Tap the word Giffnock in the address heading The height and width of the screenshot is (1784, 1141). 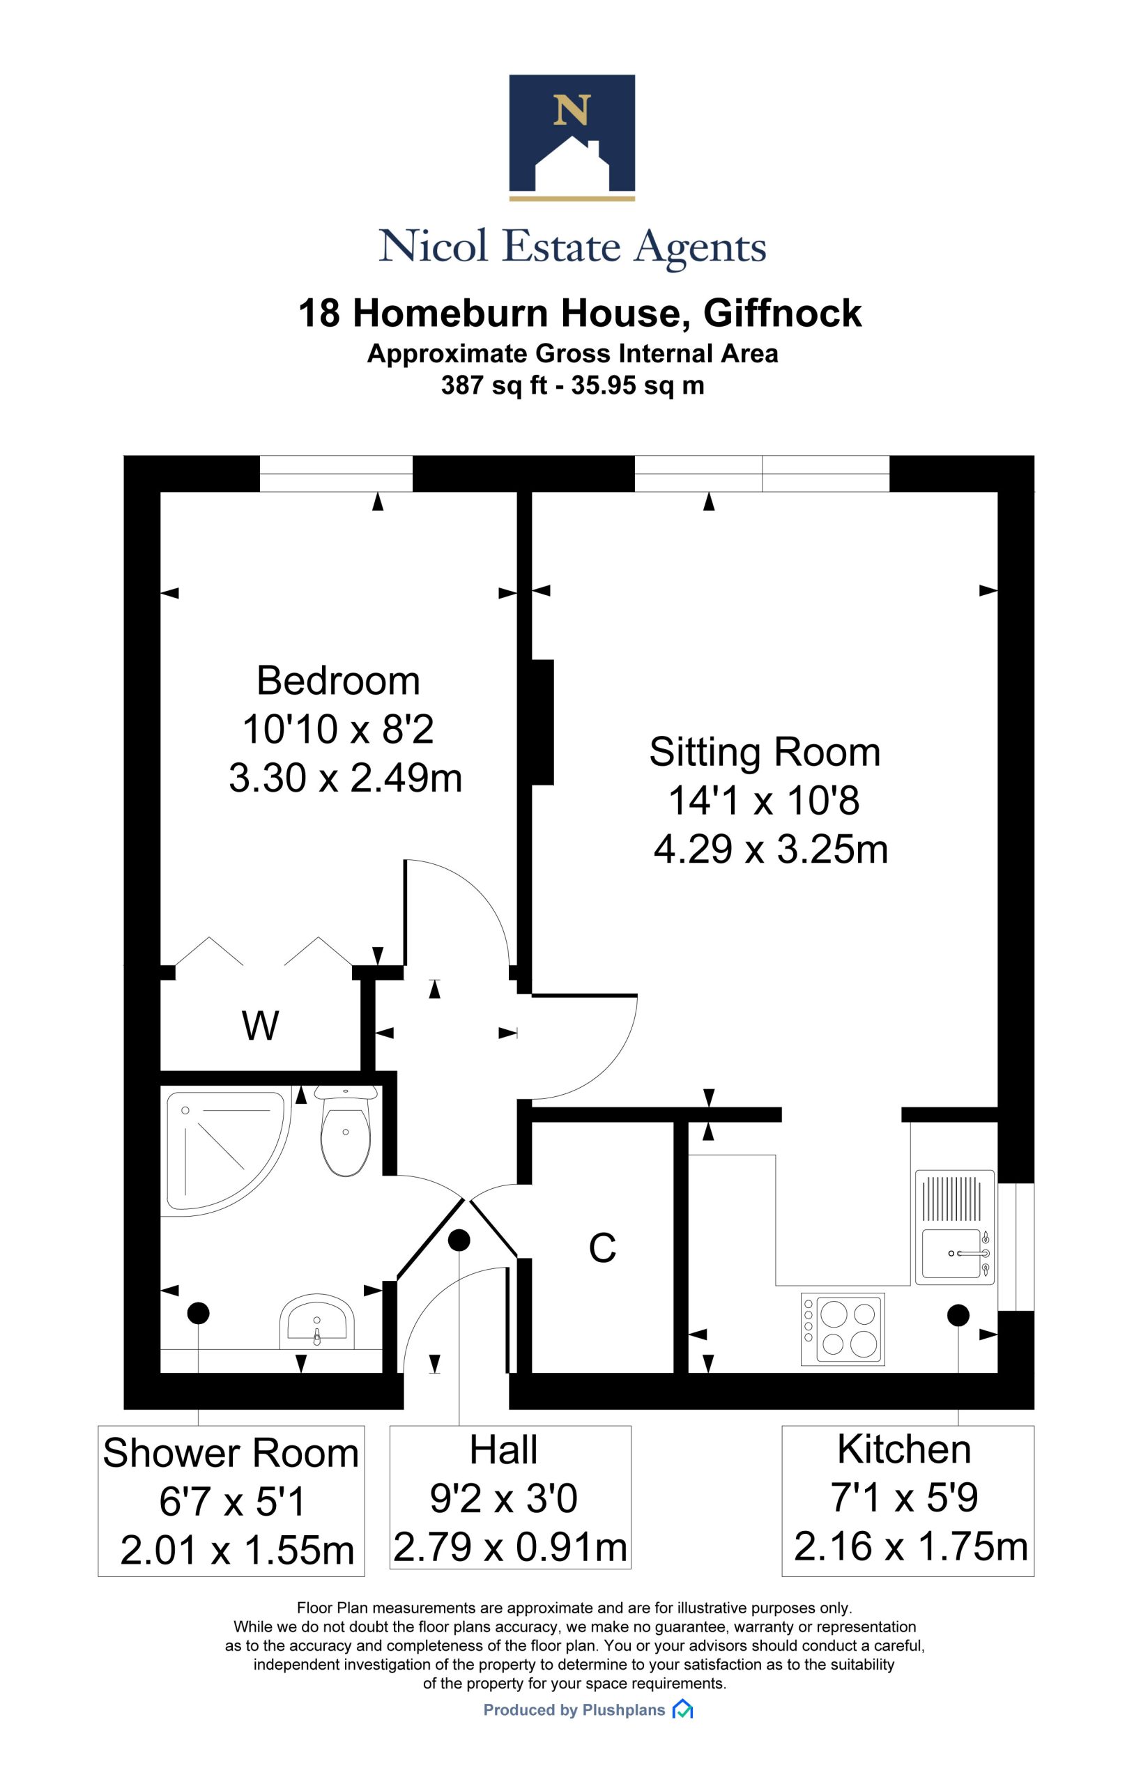783,313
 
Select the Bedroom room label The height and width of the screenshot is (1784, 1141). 339,680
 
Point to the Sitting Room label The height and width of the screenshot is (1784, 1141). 765,752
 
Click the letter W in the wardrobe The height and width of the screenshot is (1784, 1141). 260,1025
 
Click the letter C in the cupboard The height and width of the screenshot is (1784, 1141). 602,1247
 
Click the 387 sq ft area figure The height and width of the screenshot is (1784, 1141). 494,386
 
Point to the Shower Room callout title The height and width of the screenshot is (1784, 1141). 231,1453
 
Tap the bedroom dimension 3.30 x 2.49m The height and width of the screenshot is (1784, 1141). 345,778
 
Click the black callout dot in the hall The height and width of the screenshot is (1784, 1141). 459,1240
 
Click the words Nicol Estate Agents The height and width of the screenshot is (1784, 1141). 572,247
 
